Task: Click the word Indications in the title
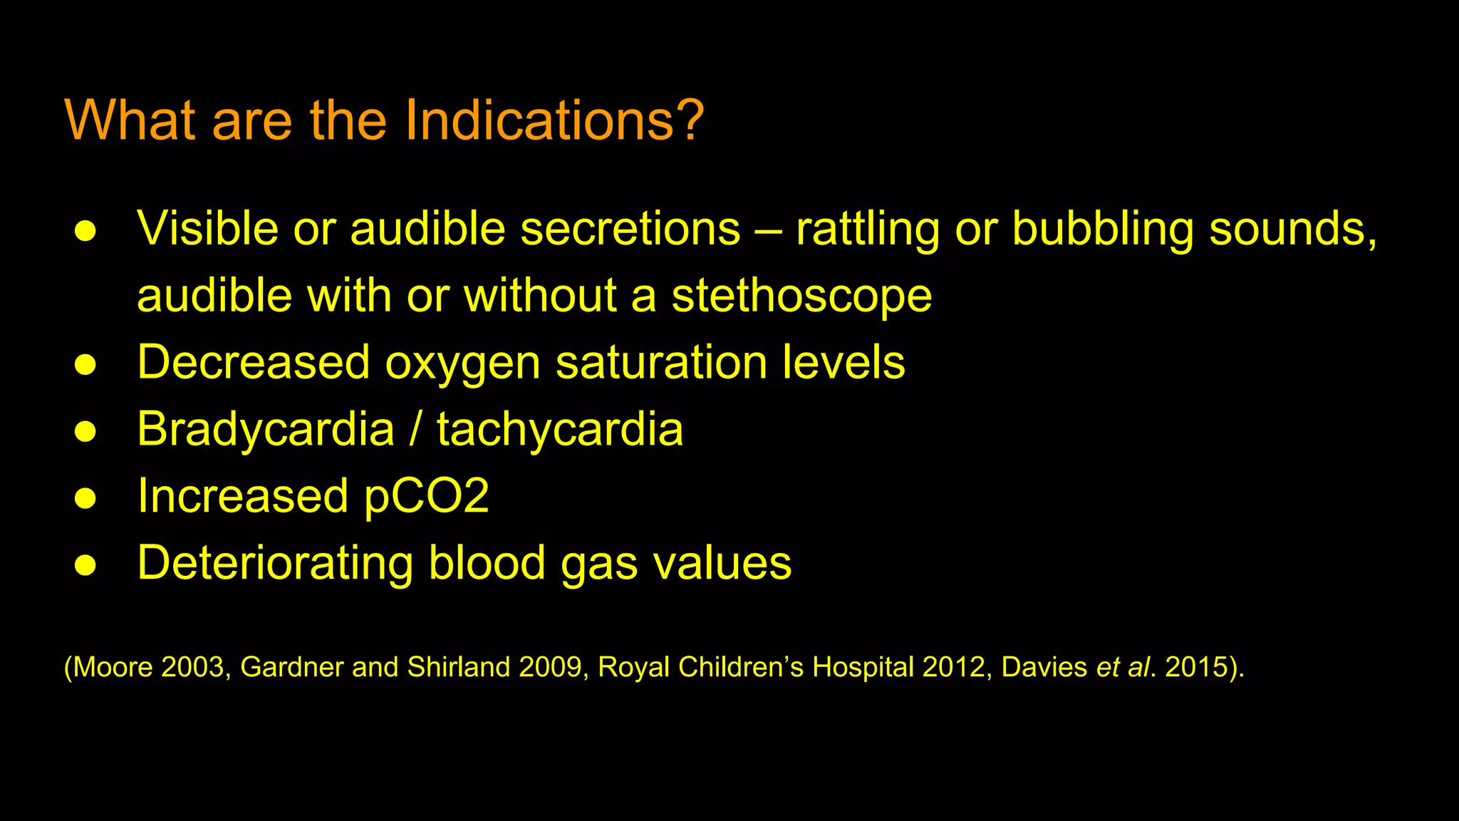[539, 120]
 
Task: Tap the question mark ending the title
[690, 120]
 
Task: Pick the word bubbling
[1102, 229]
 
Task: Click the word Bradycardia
[266, 429]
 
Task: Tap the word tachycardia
[560, 429]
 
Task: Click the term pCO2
[426, 496]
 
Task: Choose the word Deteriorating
[275, 563]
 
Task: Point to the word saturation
[661, 362]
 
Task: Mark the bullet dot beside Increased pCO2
[85, 498]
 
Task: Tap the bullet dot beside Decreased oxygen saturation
[85, 364]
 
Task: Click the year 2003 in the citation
[192, 667]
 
